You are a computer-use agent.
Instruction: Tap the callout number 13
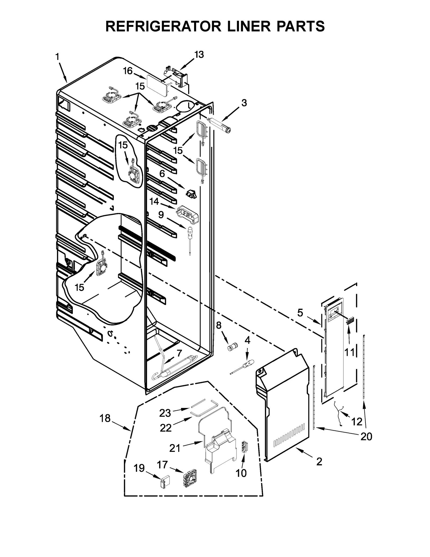click(x=199, y=55)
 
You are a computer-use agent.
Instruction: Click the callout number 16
click(x=128, y=71)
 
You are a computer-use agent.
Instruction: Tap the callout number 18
click(x=105, y=418)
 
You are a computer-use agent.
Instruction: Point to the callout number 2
click(x=319, y=462)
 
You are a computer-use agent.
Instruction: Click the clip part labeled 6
click(x=191, y=194)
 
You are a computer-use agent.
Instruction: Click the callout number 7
click(x=179, y=353)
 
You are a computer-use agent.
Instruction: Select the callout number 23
click(x=165, y=413)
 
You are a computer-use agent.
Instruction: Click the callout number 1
click(x=57, y=57)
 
